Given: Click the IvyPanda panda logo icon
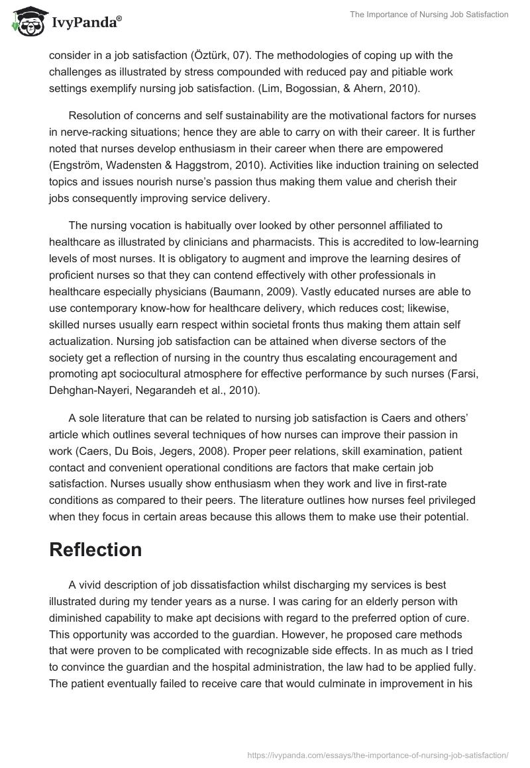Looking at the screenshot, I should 26,21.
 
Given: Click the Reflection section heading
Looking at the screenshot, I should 95,550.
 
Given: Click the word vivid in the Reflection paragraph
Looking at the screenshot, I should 90,585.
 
